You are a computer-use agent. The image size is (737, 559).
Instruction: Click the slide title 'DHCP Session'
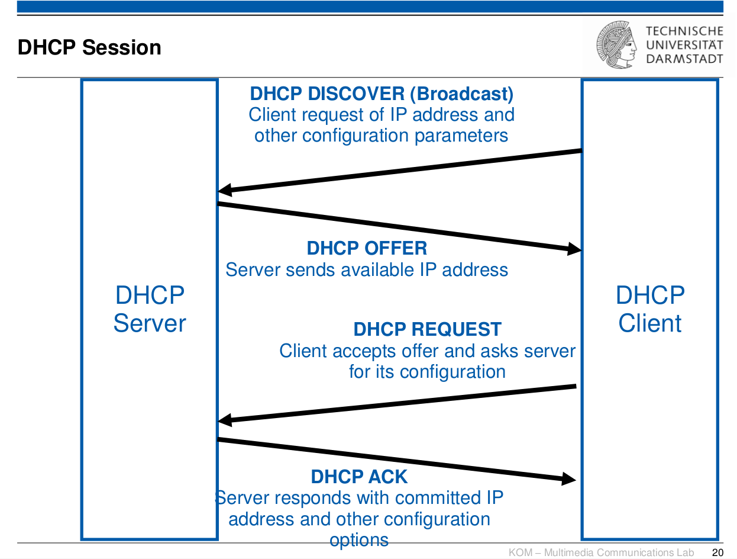click(x=89, y=47)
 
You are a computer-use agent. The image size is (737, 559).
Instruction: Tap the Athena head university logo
click(x=616, y=44)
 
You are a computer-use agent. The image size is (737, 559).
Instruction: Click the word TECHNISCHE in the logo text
click(x=684, y=31)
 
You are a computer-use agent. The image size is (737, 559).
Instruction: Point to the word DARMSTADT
click(x=684, y=59)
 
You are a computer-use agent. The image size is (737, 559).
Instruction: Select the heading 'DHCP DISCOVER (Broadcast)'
click(x=382, y=94)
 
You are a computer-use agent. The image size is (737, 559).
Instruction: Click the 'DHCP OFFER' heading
click(x=367, y=248)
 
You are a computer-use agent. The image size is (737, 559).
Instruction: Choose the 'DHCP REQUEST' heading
click(x=428, y=329)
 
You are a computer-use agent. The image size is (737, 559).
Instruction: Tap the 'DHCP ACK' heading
click(x=359, y=477)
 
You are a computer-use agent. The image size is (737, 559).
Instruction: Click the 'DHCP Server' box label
click(x=150, y=309)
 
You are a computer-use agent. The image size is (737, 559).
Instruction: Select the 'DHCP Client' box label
click(x=650, y=309)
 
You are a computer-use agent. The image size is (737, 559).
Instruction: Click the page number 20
click(x=717, y=552)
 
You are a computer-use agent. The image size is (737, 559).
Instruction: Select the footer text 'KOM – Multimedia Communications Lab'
click(x=601, y=552)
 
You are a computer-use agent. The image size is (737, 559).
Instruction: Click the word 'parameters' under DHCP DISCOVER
click(x=461, y=136)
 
